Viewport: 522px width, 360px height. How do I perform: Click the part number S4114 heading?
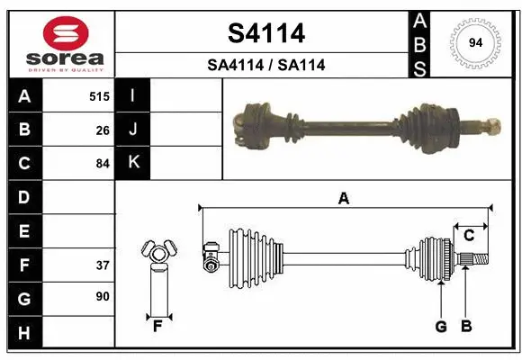click(x=265, y=33)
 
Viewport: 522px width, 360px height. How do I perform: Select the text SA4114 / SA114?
click(x=265, y=65)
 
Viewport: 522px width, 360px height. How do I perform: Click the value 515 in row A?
click(x=99, y=96)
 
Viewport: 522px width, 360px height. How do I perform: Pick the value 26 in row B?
click(x=103, y=130)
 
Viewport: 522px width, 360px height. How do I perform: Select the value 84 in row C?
click(x=103, y=164)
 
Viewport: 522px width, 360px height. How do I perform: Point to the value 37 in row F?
click(x=103, y=265)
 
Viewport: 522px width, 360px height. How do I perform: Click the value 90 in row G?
click(x=103, y=296)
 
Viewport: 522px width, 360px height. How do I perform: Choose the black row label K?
click(x=133, y=162)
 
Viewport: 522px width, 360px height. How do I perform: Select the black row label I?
click(x=133, y=95)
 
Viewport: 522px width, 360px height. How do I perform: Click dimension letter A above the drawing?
click(x=343, y=199)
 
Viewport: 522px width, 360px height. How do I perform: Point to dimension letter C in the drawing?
click(x=469, y=236)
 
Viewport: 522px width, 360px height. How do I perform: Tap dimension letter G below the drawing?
click(x=441, y=327)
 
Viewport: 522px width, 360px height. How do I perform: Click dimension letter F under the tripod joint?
click(x=157, y=325)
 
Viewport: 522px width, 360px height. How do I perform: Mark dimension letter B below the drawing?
click(x=466, y=327)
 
